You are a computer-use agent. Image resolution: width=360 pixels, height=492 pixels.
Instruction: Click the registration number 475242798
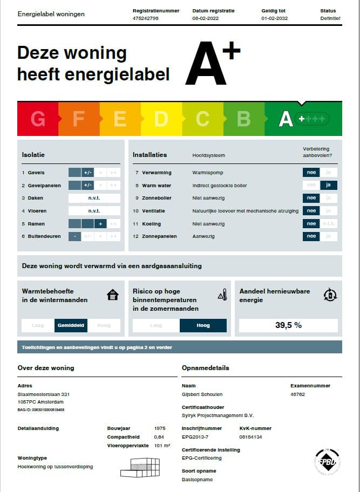point(145,18)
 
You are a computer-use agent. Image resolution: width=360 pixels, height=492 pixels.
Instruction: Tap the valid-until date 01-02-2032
point(275,18)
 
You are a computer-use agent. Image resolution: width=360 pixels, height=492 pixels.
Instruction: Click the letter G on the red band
point(38,119)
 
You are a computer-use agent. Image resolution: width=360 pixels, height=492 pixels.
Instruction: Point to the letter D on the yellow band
point(161,119)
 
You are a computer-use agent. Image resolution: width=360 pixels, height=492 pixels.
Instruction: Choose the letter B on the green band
point(243,119)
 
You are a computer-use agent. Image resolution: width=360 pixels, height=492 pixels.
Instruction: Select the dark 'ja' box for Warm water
point(329,186)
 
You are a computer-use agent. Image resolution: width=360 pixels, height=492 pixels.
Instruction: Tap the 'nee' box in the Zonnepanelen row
point(311,236)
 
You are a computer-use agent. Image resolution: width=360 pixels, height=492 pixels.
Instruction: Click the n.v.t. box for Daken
point(94,198)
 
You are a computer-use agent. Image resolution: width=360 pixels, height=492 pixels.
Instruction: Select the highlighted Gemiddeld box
point(71,325)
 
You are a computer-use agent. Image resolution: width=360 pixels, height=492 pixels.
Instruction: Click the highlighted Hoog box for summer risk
point(203,325)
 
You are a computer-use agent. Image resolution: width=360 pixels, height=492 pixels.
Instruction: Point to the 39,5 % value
point(288,325)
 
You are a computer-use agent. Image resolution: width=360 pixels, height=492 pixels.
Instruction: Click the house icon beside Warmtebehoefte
point(113,295)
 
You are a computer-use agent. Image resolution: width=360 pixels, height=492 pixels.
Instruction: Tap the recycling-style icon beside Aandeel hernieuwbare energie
point(330,294)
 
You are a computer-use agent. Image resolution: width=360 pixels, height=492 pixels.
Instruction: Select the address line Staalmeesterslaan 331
point(44,394)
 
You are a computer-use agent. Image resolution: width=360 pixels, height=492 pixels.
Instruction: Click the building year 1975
point(160,428)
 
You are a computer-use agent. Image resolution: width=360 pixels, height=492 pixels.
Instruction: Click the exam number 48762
point(298,394)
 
